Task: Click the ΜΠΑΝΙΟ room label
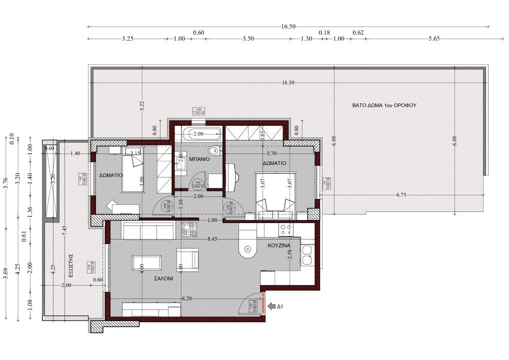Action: (x=198, y=159)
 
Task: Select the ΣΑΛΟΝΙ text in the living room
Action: (x=163, y=280)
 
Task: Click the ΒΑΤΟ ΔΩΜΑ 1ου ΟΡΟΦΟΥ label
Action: (x=384, y=105)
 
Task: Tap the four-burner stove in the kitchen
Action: (x=285, y=229)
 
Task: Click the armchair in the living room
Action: (x=189, y=258)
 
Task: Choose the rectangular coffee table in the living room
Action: (x=146, y=262)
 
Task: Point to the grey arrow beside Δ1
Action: (x=272, y=305)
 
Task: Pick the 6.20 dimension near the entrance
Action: (x=187, y=298)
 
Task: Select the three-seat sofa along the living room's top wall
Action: (x=148, y=231)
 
